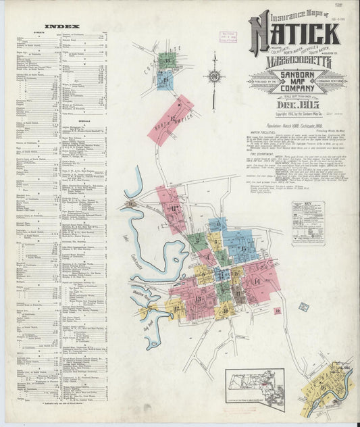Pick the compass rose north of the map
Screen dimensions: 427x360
215,76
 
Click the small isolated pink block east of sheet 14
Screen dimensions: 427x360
278,310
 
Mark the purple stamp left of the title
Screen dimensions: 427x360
228,36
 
